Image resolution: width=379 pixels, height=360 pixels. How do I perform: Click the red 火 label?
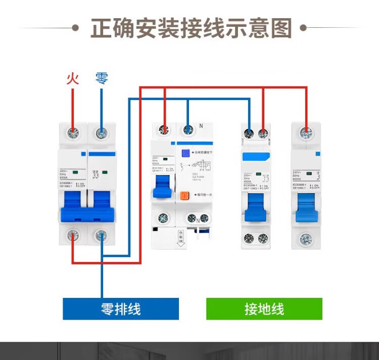[x=73, y=78]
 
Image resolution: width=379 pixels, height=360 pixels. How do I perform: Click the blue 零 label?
[x=102, y=78]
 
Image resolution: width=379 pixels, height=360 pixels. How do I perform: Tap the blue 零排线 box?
[x=121, y=308]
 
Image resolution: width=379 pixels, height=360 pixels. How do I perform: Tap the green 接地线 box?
[x=264, y=308]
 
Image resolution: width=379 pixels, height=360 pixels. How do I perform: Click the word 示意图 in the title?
[x=264, y=28]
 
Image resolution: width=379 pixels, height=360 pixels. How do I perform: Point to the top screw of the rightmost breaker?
[x=306, y=133]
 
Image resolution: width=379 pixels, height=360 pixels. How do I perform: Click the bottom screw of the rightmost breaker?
[x=306, y=238]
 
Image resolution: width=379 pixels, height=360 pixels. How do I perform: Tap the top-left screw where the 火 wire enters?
[x=74, y=133]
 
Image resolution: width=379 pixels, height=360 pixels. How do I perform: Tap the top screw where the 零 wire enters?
[x=102, y=133]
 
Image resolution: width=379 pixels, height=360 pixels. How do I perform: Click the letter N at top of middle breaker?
[x=201, y=125]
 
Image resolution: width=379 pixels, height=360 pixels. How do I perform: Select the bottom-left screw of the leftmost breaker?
[x=74, y=234]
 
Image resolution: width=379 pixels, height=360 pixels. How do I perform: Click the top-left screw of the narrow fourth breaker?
[x=249, y=133]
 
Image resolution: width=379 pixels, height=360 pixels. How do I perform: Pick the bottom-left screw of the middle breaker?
[x=163, y=218]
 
